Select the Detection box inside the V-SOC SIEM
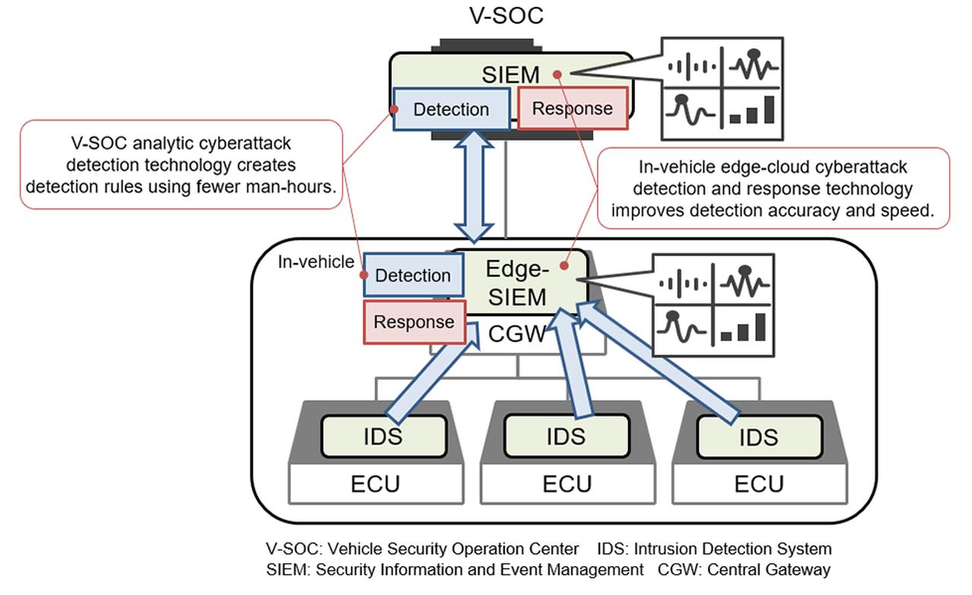pos(451,109)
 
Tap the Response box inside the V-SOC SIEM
pos(573,109)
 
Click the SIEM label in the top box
pos(510,74)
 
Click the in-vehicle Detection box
pos(412,275)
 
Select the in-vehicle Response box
pos(414,322)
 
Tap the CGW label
pos(516,334)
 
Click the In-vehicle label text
pos(315,262)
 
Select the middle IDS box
pos(566,435)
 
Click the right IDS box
pos(758,437)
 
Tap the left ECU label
pos(376,484)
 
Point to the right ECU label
pos(759,484)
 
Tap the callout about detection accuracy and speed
pos(772,189)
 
